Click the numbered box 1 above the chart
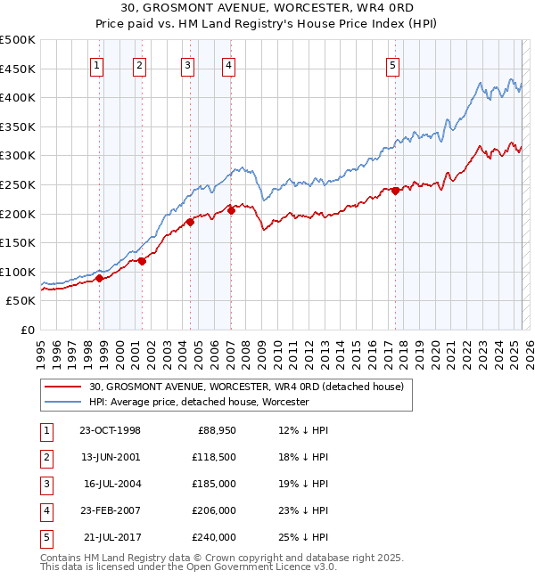pyautogui.click(x=95, y=64)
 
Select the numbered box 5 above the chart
pyautogui.click(x=393, y=64)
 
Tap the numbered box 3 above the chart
pyautogui.click(x=187, y=64)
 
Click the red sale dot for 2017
pyautogui.click(x=395, y=191)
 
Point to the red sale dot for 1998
pyautogui.click(x=100, y=278)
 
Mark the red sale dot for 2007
pyautogui.click(x=231, y=210)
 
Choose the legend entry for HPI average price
pyautogui.click(x=198, y=402)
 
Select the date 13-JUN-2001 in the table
pyautogui.click(x=110, y=456)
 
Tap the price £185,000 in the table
pyautogui.click(x=214, y=484)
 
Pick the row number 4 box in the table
pyautogui.click(x=45, y=510)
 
